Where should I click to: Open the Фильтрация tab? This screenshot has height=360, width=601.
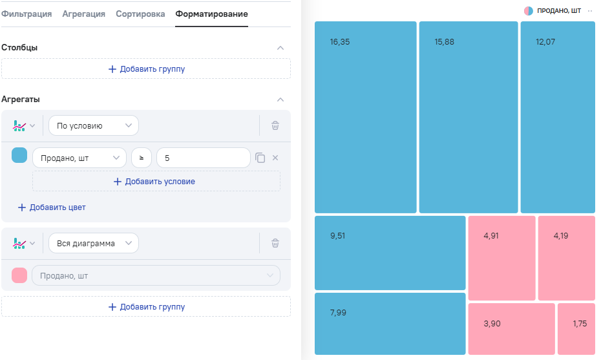(x=26, y=14)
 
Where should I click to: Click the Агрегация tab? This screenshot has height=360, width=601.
(x=83, y=14)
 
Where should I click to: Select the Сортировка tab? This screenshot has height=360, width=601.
(x=140, y=14)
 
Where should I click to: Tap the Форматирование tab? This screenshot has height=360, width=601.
(x=211, y=14)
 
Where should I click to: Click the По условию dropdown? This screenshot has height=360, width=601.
(x=94, y=126)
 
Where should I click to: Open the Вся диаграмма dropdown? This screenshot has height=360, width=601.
(x=94, y=244)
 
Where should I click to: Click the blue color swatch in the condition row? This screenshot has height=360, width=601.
(x=19, y=155)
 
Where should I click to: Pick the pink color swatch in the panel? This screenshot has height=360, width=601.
(x=19, y=275)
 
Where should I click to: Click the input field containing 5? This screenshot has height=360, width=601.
(x=204, y=158)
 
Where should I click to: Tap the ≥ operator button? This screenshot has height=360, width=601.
(x=142, y=158)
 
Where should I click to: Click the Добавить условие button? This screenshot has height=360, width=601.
(x=156, y=182)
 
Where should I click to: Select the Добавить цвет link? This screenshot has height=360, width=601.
(x=52, y=207)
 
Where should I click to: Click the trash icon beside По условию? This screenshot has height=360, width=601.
(x=275, y=126)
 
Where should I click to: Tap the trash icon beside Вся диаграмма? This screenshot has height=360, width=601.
(x=275, y=244)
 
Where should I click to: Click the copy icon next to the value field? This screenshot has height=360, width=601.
(x=260, y=158)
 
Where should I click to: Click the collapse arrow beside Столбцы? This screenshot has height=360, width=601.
(x=280, y=48)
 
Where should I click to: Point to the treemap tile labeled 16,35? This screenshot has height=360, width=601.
(x=366, y=118)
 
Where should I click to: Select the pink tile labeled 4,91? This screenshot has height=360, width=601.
(x=501, y=258)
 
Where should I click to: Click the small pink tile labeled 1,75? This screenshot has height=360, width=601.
(x=576, y=329)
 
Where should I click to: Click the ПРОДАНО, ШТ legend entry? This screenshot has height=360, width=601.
(x=553, y=11)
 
